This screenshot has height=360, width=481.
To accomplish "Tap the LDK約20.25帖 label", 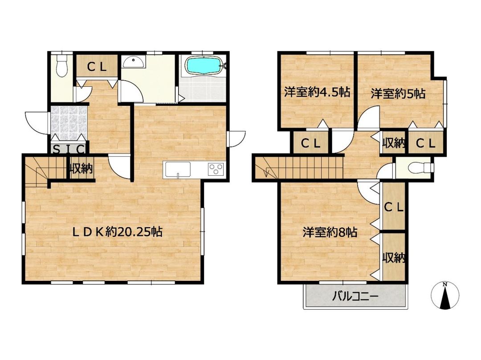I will [118, 232].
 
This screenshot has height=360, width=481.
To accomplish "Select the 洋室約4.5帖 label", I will [317, 93].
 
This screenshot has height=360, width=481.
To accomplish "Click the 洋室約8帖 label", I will [330, 232].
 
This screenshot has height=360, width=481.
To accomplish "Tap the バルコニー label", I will [355, 296].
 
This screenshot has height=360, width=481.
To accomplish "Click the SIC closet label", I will [69, 149].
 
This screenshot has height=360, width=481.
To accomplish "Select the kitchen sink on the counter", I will [178, 170].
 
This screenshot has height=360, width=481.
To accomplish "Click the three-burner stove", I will [216, 169].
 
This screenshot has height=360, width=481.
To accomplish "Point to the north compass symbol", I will [444, 296].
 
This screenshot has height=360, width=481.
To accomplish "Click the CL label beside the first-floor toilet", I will [96, 67].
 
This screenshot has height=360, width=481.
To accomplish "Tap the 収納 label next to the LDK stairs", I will [81, 169].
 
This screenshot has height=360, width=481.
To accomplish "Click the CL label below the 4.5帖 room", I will [310, 143].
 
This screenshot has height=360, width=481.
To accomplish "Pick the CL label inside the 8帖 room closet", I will [394, 207].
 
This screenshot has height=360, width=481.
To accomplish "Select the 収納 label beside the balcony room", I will [394, 258].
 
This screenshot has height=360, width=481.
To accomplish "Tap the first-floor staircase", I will [35, 171].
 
